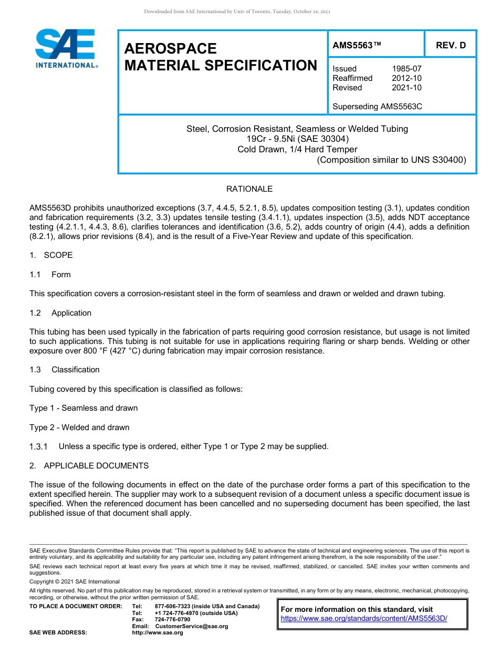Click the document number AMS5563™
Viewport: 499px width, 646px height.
(x=357, y=45)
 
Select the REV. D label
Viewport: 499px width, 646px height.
(x=451, y=45)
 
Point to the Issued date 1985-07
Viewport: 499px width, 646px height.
(x=407, y=69)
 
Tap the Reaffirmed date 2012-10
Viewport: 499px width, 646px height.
(x=407, y=78)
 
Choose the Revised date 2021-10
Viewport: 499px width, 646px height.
(x=407, y=88)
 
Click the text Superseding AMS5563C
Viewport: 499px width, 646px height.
(x=377, y=107)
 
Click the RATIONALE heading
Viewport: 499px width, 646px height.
(x=250, y=189)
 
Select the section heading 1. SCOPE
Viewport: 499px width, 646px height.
(x=51, y=255)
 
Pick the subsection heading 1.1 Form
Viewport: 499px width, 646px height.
(x=50, y=275)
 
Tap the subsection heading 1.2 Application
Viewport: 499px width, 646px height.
(x=60, y=313)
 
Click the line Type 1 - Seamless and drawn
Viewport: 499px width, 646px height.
(x=84, y=408)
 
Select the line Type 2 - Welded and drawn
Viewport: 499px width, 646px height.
(x=79, y=428)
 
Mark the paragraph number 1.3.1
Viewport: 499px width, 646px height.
(x=38, y=447)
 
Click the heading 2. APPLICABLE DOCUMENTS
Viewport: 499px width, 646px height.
(x=89, y=466)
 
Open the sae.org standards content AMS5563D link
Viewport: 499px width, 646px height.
(x=364, y=619)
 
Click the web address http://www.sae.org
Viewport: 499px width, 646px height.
(x=158, y=633)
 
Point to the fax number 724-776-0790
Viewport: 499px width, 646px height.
(x=172, y=620)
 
